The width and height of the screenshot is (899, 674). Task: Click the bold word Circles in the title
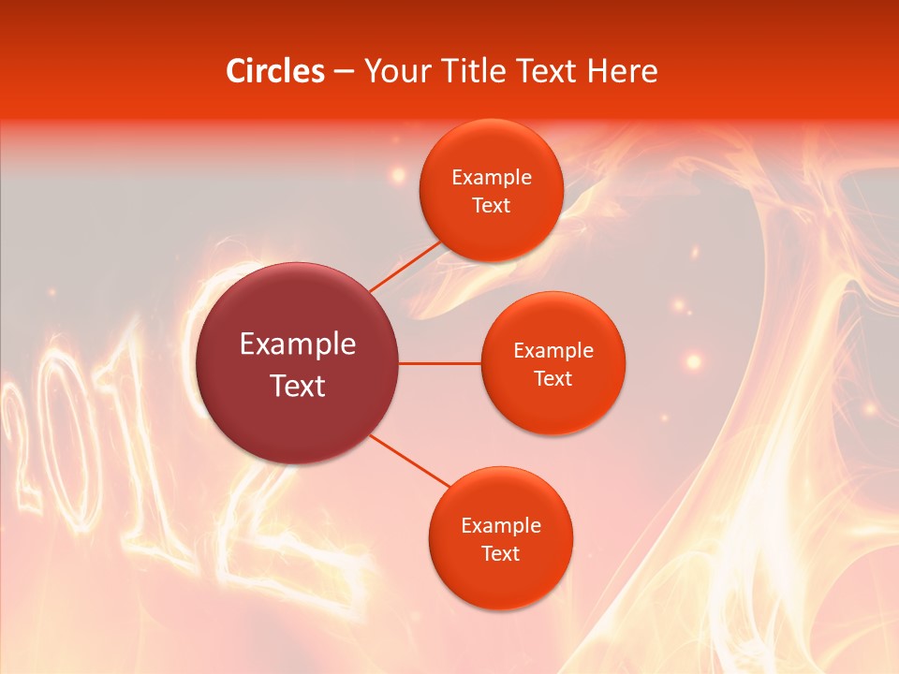[274, 71]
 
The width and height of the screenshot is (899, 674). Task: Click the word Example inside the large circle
[298, 344]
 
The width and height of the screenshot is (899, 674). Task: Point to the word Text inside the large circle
[298, 386]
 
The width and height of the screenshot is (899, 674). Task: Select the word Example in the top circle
[491, 178]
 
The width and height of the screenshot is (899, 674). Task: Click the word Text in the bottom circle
[500, 553]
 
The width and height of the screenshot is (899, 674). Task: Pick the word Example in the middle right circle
[553, 351]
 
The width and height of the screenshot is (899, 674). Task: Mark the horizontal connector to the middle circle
[440, 362]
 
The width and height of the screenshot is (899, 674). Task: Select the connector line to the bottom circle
[410, 461]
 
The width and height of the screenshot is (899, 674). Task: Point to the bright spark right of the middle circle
[693, 360]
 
